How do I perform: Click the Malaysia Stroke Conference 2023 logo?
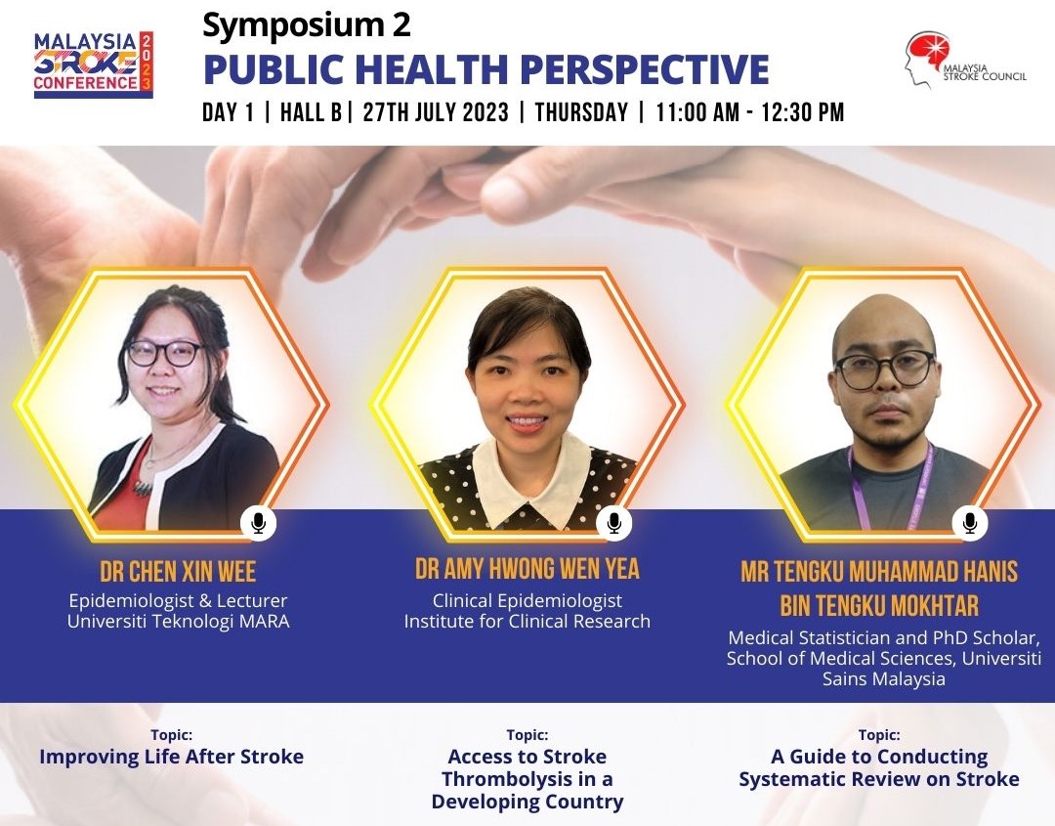pyautogui.click(x=94, y=65)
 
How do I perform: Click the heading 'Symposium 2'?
pyautogui.click(x=306, y=24)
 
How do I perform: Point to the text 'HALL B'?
pyautogui.click(x=311, y=112)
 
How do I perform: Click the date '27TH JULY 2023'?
pyautogui.click(x=436, y=112)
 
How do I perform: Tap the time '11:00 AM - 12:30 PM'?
pyautogui.click(x=749, y=112)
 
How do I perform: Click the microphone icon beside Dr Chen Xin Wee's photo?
pyautogui.click(x=258, y=523)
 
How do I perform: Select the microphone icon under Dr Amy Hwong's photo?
pyautogui.click(x=613, y=523)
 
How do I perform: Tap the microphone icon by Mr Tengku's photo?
pyautogui.click(x=970, y=523)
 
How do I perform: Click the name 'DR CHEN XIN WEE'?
pyautogui.click(x=179, y=572)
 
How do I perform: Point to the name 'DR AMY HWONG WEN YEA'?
pyautogui.click(x=527, y=569)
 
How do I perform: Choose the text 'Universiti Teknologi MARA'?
pyautogui.click(x=179, y=621)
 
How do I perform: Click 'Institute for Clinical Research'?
pyautogui.click(x=527, y=621)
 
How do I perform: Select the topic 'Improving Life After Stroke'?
pyautogui.click(x=172, y=757)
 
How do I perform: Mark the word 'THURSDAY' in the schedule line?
pyautogui.click(x=581, y=112)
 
